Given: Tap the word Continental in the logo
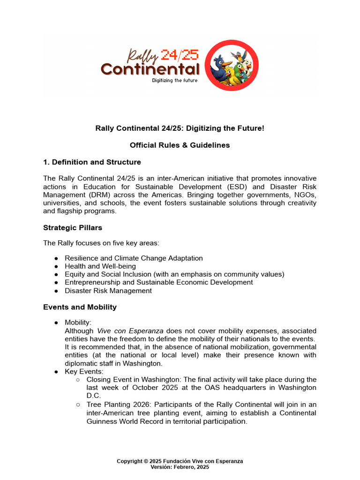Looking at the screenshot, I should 150,69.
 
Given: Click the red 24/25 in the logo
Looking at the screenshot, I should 180,55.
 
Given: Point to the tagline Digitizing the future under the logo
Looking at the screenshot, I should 174,80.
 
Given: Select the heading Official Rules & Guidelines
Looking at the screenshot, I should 180,145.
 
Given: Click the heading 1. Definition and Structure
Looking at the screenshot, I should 92,162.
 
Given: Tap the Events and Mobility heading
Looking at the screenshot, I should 80,307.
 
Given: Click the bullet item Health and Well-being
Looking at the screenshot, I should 100,266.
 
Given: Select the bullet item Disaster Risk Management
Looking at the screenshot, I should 108,291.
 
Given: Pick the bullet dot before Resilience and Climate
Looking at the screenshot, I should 56,258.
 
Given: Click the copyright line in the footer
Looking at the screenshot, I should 180,461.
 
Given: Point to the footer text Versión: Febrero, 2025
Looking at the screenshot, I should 180,467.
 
